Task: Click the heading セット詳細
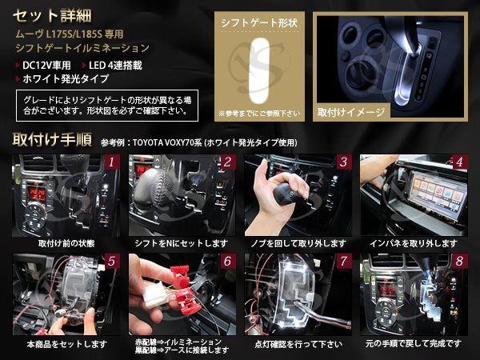52,16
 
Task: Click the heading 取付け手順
52,140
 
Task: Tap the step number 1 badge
111,162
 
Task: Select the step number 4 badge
459,162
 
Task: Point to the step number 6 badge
227,261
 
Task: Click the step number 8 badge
459,261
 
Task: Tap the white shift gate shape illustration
259,71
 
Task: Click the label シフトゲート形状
259,23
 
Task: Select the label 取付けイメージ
351,112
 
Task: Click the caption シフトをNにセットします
182,244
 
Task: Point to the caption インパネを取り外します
414,244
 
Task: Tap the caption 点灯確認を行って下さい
298,344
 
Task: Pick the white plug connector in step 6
155,296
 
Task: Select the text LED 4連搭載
115,66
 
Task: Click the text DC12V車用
46,66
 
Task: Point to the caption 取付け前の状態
66,244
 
